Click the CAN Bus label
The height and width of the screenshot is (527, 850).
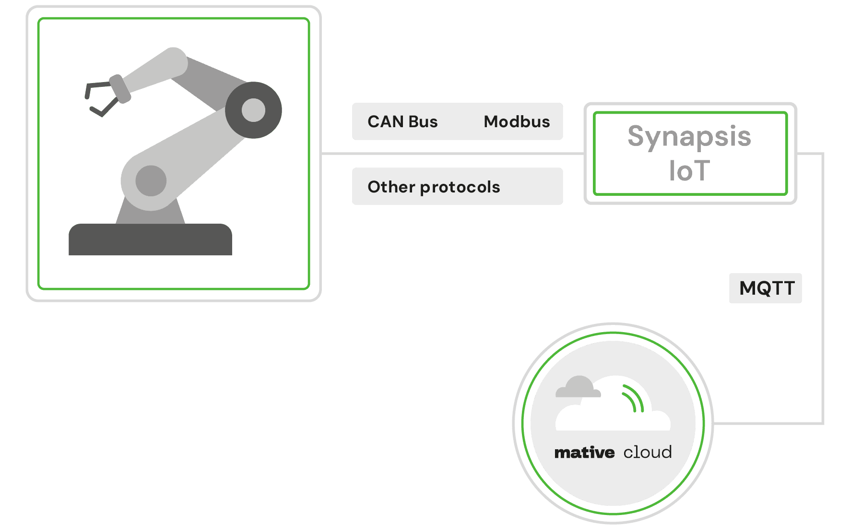tap(402, 122)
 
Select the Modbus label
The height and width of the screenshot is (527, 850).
tap(517, 122)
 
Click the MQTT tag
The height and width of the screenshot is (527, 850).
tap(766, 288)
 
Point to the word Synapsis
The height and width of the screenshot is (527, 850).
tap(689, 137)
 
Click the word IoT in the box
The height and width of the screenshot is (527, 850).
tap(689, 171)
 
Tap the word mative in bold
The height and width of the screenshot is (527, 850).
tap(584, 453)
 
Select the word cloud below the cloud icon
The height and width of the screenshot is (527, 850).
tap(648, 453)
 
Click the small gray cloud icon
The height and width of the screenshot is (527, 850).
tap(578, 388)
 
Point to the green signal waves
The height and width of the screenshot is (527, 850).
tap(633, 398)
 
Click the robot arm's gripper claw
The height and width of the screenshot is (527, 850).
tap(101, 98)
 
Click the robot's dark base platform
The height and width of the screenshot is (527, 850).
tap(150, 240)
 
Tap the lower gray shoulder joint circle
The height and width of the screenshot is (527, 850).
tap(151, 181)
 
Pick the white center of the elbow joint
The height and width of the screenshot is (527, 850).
tap(253, 110)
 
